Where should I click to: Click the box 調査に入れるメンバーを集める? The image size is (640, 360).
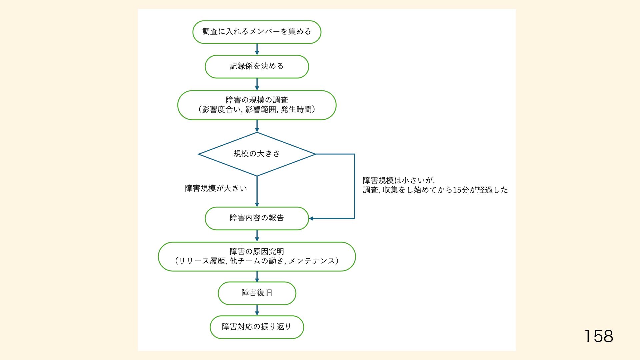[x=257, y=32]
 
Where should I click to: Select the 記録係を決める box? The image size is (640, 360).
[x=257, y=67]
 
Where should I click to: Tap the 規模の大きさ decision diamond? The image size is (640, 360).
[x=257, y=154]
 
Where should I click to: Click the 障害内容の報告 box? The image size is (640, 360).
[x=257, y=218]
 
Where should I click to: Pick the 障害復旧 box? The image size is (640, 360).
[x=257, y=293]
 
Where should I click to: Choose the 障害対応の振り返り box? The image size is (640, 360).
[x=257, y=327]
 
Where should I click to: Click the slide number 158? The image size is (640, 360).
[x=599, y=336]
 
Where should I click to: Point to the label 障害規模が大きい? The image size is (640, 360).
[x=216, y=188]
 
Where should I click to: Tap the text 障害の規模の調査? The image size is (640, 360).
[x=257, y=100]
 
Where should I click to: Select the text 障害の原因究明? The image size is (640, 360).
[x=257, y=252]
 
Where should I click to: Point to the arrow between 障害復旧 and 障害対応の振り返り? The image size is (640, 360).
[x=257, y=310]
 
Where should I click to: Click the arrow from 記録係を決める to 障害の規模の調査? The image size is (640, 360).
[x=257, y=84]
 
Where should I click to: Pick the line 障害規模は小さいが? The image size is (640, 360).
[x=399, y=181]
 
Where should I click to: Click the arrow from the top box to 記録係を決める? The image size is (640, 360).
[x=257, y=49]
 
